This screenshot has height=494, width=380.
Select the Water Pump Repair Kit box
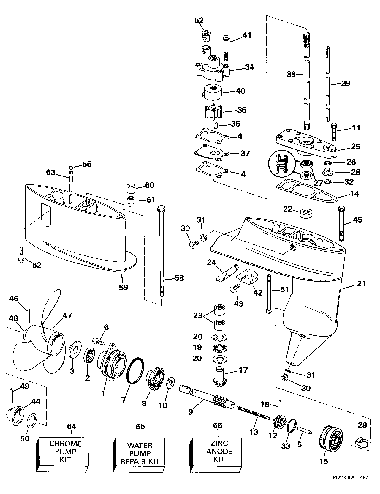pos(140,453)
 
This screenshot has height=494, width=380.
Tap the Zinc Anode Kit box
pos(216,452)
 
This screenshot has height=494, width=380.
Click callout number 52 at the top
pos(199,20)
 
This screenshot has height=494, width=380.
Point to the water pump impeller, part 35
pos(213,112)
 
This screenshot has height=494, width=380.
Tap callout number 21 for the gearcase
pos(361,284)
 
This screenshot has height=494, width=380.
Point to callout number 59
pos(123,287)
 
